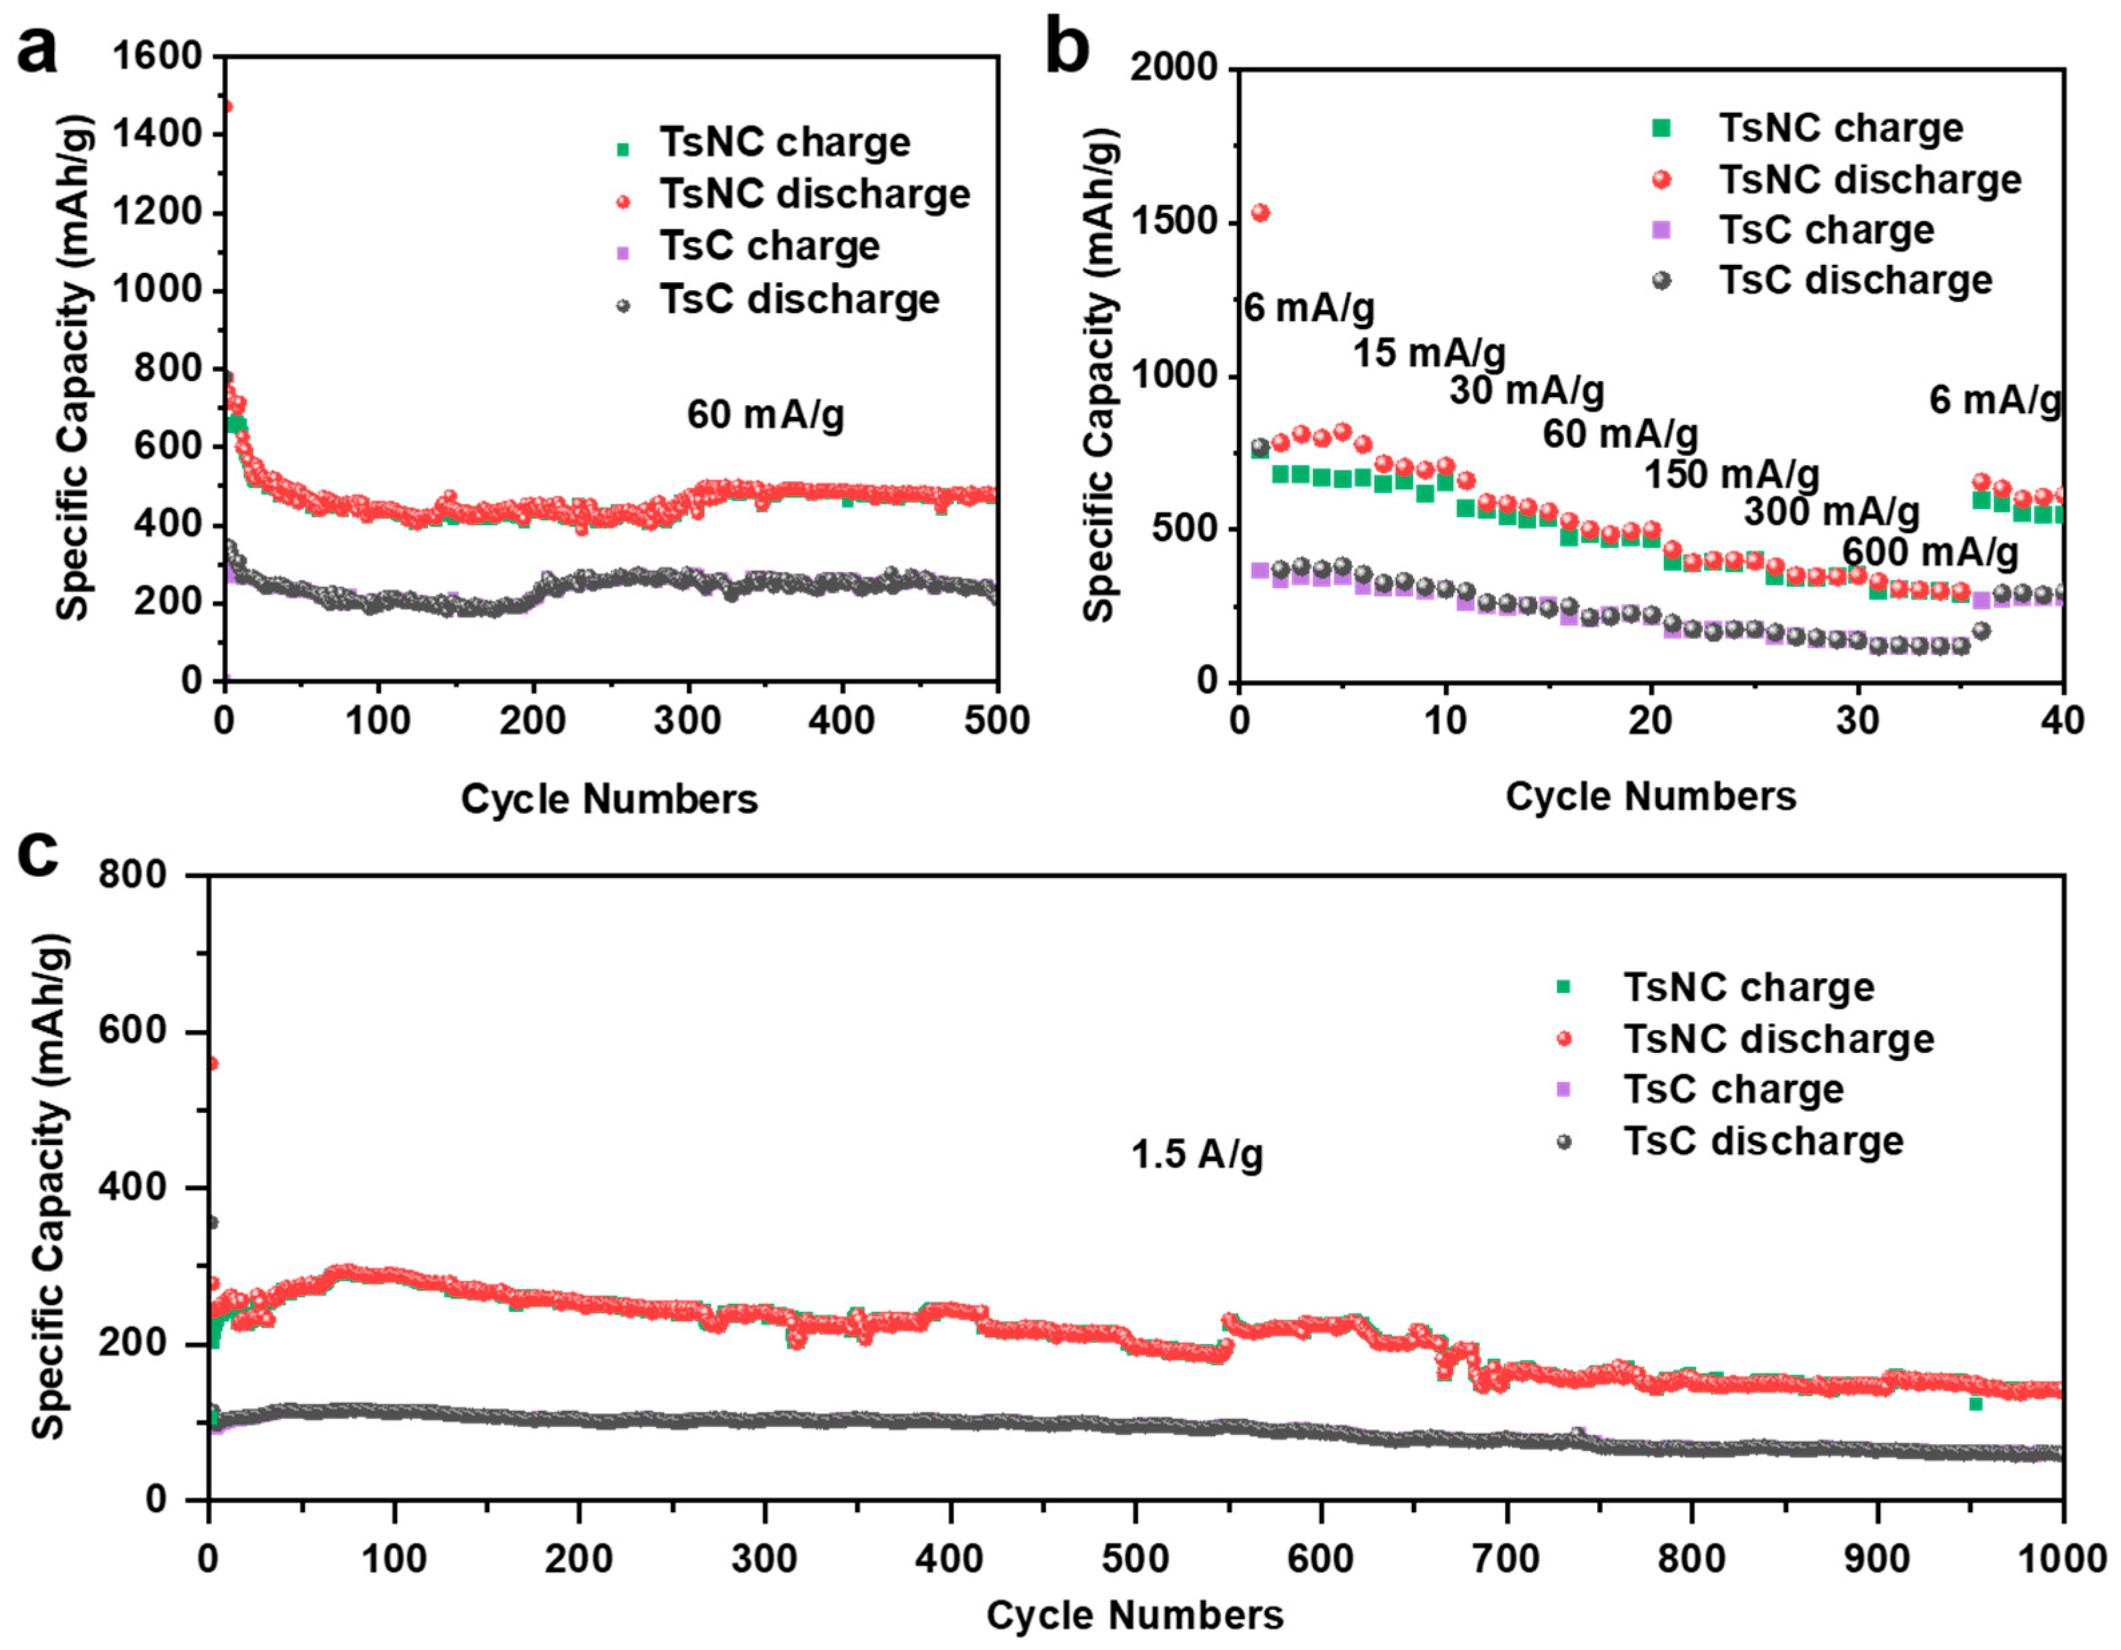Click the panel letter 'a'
(x=37, y=51)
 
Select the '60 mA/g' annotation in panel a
(x=765, y=415)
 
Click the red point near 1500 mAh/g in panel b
(x=1260, y=213)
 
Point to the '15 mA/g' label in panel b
(x=1428, y=352)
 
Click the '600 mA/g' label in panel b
(x=1930, y=552)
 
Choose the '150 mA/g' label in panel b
(x=1731, y=475)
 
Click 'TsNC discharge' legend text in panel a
(x=815, y=194)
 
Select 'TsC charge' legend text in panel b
(x=1826, y=230)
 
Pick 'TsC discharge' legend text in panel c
(x=1763, y=1141)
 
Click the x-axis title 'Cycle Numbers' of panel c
(x=1134, y=1616)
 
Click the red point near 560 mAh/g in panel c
(x=211, y=1064)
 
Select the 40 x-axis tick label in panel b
(x=2063, y=721)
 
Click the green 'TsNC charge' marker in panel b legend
(x=1662, y=128)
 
